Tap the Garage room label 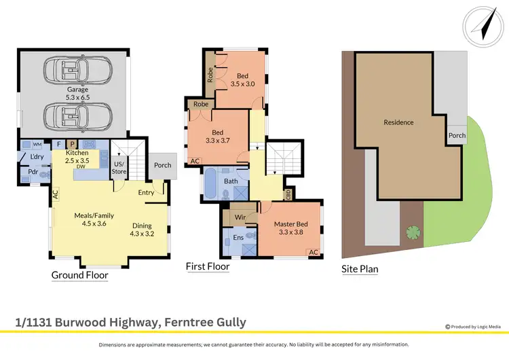(x=77, y=92)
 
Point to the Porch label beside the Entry (x=163, y=164)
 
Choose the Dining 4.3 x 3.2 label (x=142, y=230)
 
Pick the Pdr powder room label (x=32, y=173)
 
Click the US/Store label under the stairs (x=119, y=167)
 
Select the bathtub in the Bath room (x=210, y=183)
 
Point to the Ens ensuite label (x=238, y=238)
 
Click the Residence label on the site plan (x=398, y=123)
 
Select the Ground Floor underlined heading (x=80, y=276)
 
